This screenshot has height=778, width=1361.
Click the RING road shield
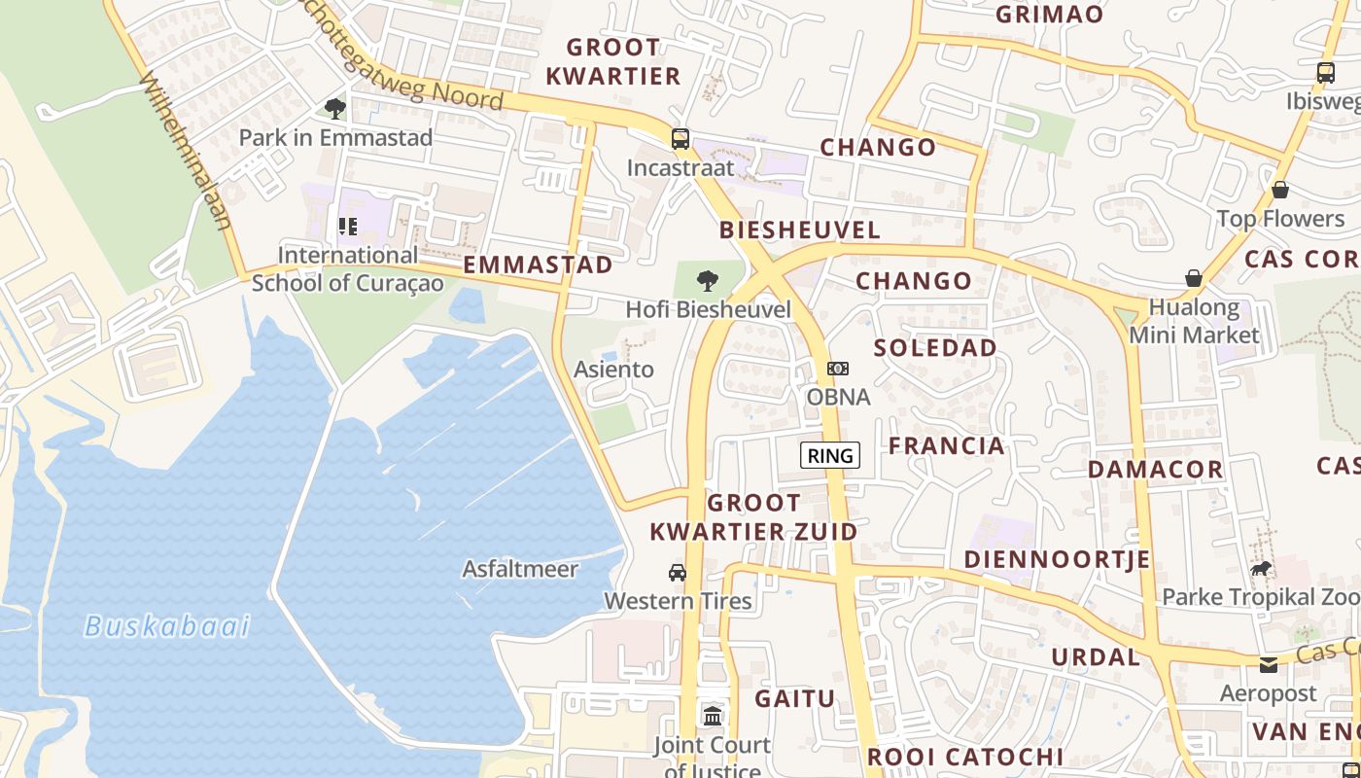click(830, 455)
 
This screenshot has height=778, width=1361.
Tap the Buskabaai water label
click(167, 625)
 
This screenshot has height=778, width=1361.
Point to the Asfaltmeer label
click(520, 569)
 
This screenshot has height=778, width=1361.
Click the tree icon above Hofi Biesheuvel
click(708, 281)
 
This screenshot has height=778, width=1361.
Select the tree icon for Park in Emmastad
click(335, 108)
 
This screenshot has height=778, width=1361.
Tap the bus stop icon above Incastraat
click(680, 138)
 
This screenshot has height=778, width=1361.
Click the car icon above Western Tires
click(678, 572)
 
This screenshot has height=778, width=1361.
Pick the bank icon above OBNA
click(837, 369)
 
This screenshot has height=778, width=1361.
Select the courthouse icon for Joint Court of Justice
click(713, 716)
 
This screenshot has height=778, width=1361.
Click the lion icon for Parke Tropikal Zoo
click(1261, 568)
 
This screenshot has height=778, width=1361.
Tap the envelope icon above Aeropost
click(1269, 665)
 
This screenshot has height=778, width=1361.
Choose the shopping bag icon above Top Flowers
click(1280, 190)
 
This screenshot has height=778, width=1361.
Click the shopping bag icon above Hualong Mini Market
click(1194, 279)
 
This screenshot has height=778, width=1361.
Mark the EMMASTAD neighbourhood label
click(538, 265)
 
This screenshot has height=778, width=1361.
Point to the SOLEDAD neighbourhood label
click(935, 348)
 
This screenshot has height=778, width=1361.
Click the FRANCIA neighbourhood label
click(946, 446)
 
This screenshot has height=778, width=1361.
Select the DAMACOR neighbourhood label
click(1155, 470)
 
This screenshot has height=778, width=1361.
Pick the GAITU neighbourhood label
click(794, 698)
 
